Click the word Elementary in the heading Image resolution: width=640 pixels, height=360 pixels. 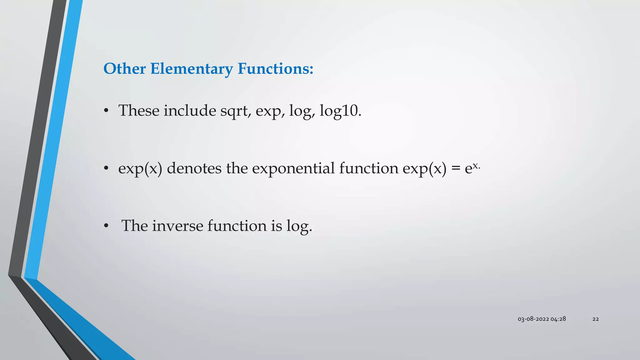pos(191,69)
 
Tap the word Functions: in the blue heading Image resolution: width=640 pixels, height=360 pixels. pos(275,69)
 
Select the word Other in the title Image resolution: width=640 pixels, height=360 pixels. pos(124,69)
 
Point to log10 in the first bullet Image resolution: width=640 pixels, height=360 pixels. pos(340,111)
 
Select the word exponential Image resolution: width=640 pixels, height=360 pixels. pos(293,169)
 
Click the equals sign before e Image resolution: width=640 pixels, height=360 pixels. pos(456,169)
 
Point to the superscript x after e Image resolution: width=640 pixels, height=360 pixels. pos(475,166)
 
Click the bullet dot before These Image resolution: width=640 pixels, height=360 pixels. pos(106,111)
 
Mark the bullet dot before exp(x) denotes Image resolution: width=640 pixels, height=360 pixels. pos(106,169)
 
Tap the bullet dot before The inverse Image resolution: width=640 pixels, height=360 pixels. pos(106,226)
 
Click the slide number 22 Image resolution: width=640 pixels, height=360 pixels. pos(596,319)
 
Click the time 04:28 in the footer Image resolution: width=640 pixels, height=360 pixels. pos(558,319)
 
